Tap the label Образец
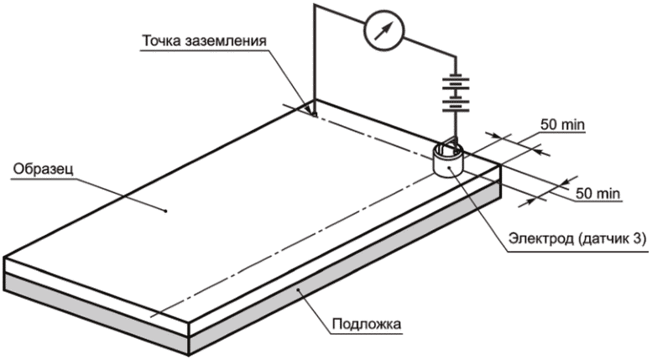(44, 170)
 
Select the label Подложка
(368, 323)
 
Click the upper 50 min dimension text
(562, 124)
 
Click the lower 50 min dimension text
(598, 193)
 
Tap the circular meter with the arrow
(383, 30)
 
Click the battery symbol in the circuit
(456, 94)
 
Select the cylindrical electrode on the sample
(448, 160)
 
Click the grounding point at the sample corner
(315, 114)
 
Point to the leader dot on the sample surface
(165, 211)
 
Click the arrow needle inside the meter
(383, 30)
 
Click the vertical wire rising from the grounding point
(315, 58)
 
